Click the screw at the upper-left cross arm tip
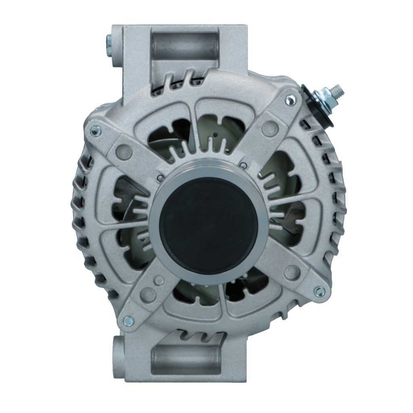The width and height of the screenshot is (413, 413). click(x=95, y=130)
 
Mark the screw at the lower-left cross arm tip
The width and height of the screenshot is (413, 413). click(x=128, y=321)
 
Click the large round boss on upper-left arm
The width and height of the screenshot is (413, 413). click(x=123, y=151)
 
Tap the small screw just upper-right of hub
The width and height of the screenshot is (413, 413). click(x=243, y=165)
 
